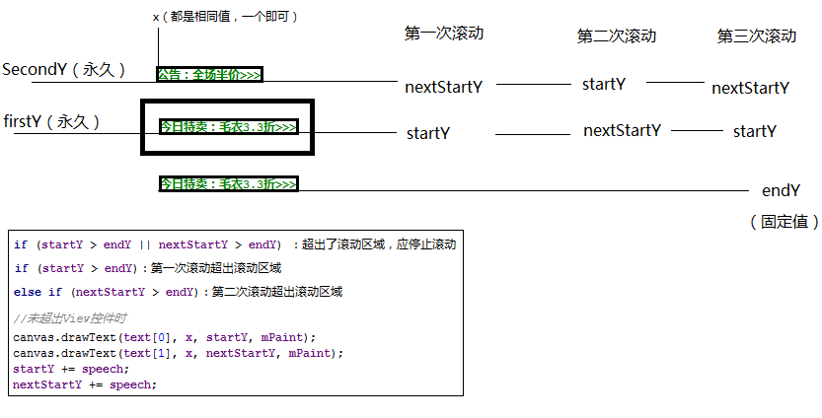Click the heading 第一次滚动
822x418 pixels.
[443, 33]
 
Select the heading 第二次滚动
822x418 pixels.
[617, 36]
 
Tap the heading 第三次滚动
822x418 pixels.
[757, 36]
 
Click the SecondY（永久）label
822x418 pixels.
[65, 70]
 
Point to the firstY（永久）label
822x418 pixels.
[52, 121]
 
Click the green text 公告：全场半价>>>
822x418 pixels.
[209, 75]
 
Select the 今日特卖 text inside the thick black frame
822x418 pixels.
[228, 127]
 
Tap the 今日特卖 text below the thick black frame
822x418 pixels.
[228, 184]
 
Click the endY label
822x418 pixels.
[781, 190]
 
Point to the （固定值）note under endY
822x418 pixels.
[784, 222]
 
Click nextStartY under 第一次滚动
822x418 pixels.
[443, 87]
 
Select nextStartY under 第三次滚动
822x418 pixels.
[750, 88]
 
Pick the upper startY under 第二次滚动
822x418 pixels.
[604, 84]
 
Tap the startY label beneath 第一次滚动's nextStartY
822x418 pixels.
[428, 132]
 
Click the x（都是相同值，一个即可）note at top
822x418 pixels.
[226, 17]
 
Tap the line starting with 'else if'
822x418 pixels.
[178, 292]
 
